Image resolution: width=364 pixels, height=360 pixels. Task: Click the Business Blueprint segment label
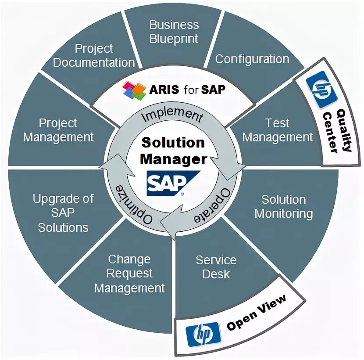(x=174, y=32)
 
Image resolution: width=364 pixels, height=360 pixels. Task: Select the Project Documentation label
(x=93, y=55)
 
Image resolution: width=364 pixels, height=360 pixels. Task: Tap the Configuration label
(x=252, y=59)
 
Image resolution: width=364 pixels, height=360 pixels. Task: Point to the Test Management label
(x=278, y=130)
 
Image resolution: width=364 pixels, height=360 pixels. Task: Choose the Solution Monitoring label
(x=283, y=206)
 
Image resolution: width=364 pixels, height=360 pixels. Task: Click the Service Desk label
(x=216, y=267)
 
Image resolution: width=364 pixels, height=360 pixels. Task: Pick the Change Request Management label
(x=129, y=274)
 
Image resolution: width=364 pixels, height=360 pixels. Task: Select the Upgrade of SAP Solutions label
(x=63, y=213)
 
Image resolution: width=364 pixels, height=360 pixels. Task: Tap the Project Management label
(x=58, y=130)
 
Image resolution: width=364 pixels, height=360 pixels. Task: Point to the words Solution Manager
(x=173, y=151)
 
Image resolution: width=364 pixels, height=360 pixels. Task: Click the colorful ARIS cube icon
(x=134, y=90)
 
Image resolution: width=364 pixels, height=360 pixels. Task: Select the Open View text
(x=257, y=313)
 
